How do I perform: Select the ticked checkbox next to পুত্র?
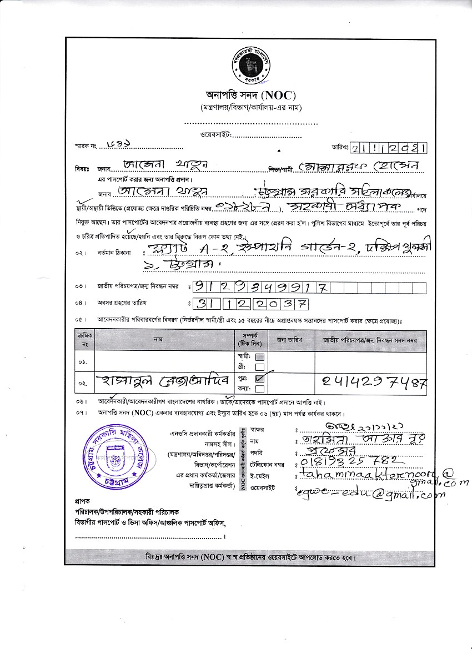259,378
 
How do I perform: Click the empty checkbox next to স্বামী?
259,357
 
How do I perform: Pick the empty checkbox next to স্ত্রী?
259,366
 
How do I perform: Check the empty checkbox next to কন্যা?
259,387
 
